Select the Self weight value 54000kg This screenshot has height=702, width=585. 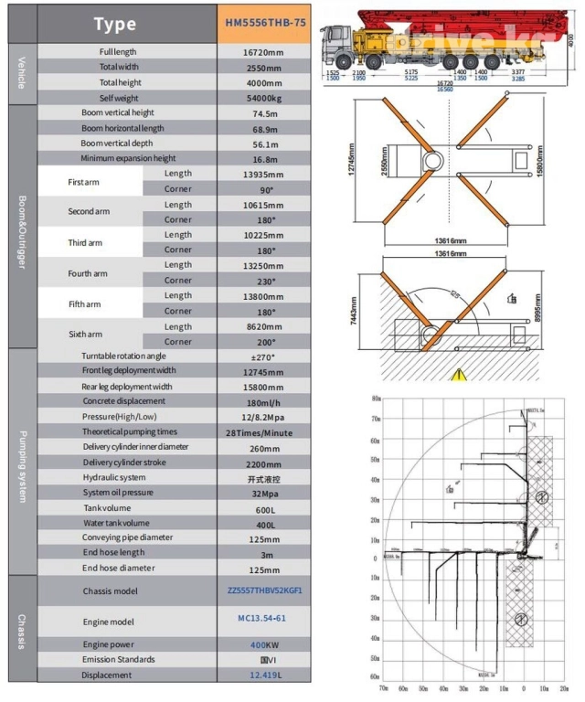click(263, 97)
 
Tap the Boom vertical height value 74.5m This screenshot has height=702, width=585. click(263, 112)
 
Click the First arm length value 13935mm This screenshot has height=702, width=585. click(263, 174)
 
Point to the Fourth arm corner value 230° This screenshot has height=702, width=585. click(263, 281)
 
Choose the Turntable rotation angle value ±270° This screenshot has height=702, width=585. click(263, 356)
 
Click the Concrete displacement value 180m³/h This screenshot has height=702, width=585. click(263, 401)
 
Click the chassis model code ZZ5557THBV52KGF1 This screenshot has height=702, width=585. click(263, 590)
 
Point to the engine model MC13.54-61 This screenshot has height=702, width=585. click(263, 619)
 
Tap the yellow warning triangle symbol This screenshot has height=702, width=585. click(457, 372)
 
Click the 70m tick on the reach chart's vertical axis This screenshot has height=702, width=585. click(376, 420)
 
